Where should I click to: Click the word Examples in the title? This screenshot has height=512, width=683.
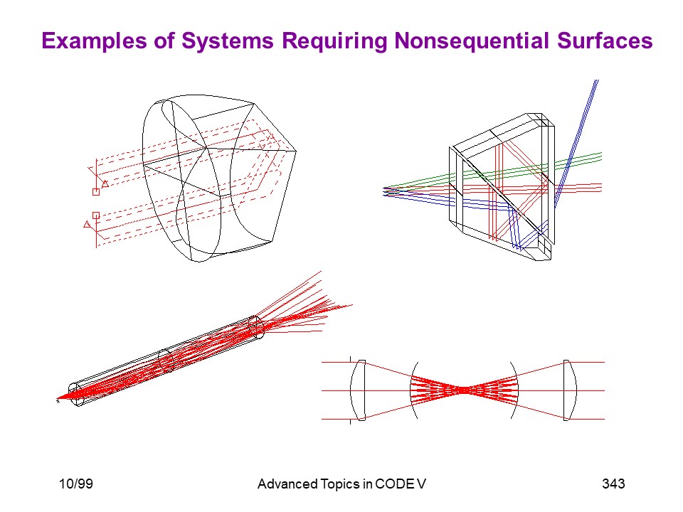pos(95,41)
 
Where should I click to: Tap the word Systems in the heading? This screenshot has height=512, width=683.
pos(228,41)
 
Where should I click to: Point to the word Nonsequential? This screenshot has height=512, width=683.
pos(471,41)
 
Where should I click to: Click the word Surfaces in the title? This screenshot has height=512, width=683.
pos(605,41)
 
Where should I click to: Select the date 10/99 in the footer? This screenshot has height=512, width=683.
pos(76,484)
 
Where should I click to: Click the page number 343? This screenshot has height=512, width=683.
pos(613,484)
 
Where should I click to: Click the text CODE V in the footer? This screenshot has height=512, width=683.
pos(401,484)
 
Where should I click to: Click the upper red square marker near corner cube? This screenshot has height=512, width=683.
pos(96,191)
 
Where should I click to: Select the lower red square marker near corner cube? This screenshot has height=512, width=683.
pos(96,215)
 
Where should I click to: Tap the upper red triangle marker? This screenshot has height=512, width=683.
pos(105,183)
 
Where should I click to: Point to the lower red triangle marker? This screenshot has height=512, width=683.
pos(87,224)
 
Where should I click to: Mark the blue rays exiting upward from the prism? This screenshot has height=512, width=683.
pos(576,144)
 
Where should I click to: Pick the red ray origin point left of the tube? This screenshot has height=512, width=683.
pos(58,399)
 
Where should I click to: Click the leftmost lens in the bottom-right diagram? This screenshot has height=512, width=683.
pos(358,390)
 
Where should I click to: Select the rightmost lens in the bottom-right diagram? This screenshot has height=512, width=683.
pos(570,390)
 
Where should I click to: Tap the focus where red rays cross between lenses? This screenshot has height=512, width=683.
pos(465,390)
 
